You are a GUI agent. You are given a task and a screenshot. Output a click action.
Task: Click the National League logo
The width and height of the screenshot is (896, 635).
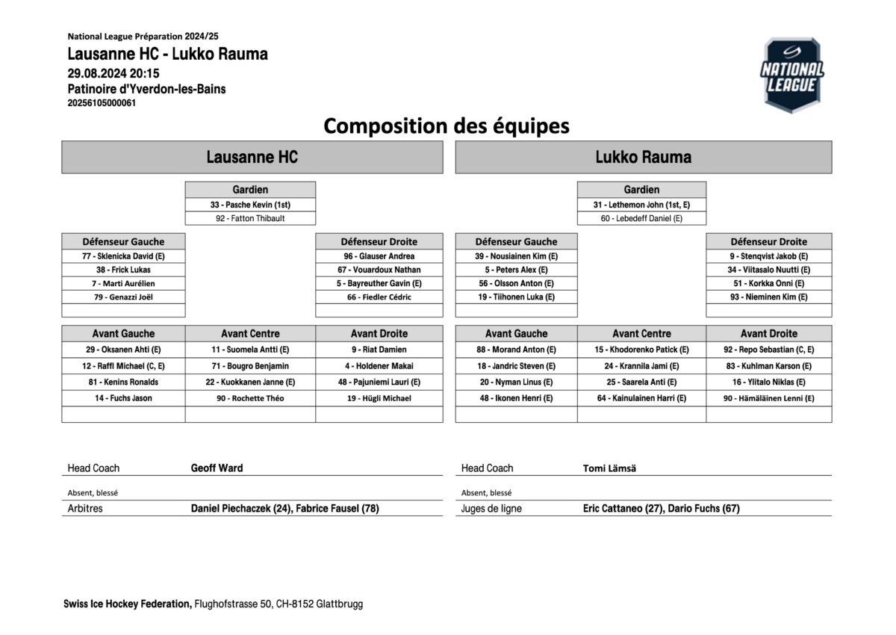pyautogui.click(x=792, y=75)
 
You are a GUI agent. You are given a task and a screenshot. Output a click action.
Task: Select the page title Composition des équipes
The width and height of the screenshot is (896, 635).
pyautogui.click(x=446, y=126)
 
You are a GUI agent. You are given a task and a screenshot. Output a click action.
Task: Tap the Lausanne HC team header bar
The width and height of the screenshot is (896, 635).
pyautogui.click(x=252, y=157)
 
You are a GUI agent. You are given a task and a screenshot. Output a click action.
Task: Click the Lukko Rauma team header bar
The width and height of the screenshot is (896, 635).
pyautogui.click(x=643, y=157)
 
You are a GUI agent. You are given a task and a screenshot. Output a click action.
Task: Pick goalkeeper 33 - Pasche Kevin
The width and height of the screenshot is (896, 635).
pyautogui.click(x=250, y=204)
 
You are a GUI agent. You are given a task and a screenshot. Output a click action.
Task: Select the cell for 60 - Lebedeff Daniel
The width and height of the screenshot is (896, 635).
pyautogui.click(x=641, y=218)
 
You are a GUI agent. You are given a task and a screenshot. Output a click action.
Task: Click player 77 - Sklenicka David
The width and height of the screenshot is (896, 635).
pyautogui.click(x=123, y=255)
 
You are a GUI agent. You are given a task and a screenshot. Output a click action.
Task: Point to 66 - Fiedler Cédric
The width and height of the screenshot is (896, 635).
pyautogui.click(x=379, y=297)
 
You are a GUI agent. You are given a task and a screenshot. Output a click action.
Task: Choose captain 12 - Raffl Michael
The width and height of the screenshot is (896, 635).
pyautogui.click(x=123, y=366)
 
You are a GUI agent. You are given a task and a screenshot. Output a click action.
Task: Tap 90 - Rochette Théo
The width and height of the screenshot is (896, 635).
pyautogui.click(x=250, y=398)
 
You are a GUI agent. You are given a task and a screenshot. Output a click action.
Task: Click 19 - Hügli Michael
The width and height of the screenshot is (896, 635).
pyautogui.click(x=379, y=398)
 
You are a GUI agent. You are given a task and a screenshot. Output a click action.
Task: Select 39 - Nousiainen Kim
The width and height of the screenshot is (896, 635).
pyautogui.click(x=516, y=255)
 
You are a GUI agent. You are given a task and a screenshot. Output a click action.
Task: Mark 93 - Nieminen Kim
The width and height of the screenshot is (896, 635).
pyautogui.click(x=769, y=297)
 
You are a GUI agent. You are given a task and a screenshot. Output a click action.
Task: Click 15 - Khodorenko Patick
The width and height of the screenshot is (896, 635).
pyautogui.click(x=641, y=349)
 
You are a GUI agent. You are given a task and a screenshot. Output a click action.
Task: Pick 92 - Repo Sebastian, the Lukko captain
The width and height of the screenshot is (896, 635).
pyautogui.click(x=769, y=349)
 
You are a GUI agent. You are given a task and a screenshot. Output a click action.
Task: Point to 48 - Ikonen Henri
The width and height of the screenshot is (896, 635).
pyautogui.click(x=516, y=398)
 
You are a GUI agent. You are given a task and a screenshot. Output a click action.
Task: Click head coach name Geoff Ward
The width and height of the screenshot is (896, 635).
pyautogui.click(x=217, y=468)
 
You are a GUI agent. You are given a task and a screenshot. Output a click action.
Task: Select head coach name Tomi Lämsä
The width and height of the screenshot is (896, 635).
pyautogui.click(x=609, y=468)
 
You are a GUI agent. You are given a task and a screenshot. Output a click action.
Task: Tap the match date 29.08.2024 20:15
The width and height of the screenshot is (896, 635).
pyautogui.click(x=113, y=73)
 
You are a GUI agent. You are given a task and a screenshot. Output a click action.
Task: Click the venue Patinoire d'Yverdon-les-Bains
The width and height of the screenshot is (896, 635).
pyautogui.click(x=146, y=89)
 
